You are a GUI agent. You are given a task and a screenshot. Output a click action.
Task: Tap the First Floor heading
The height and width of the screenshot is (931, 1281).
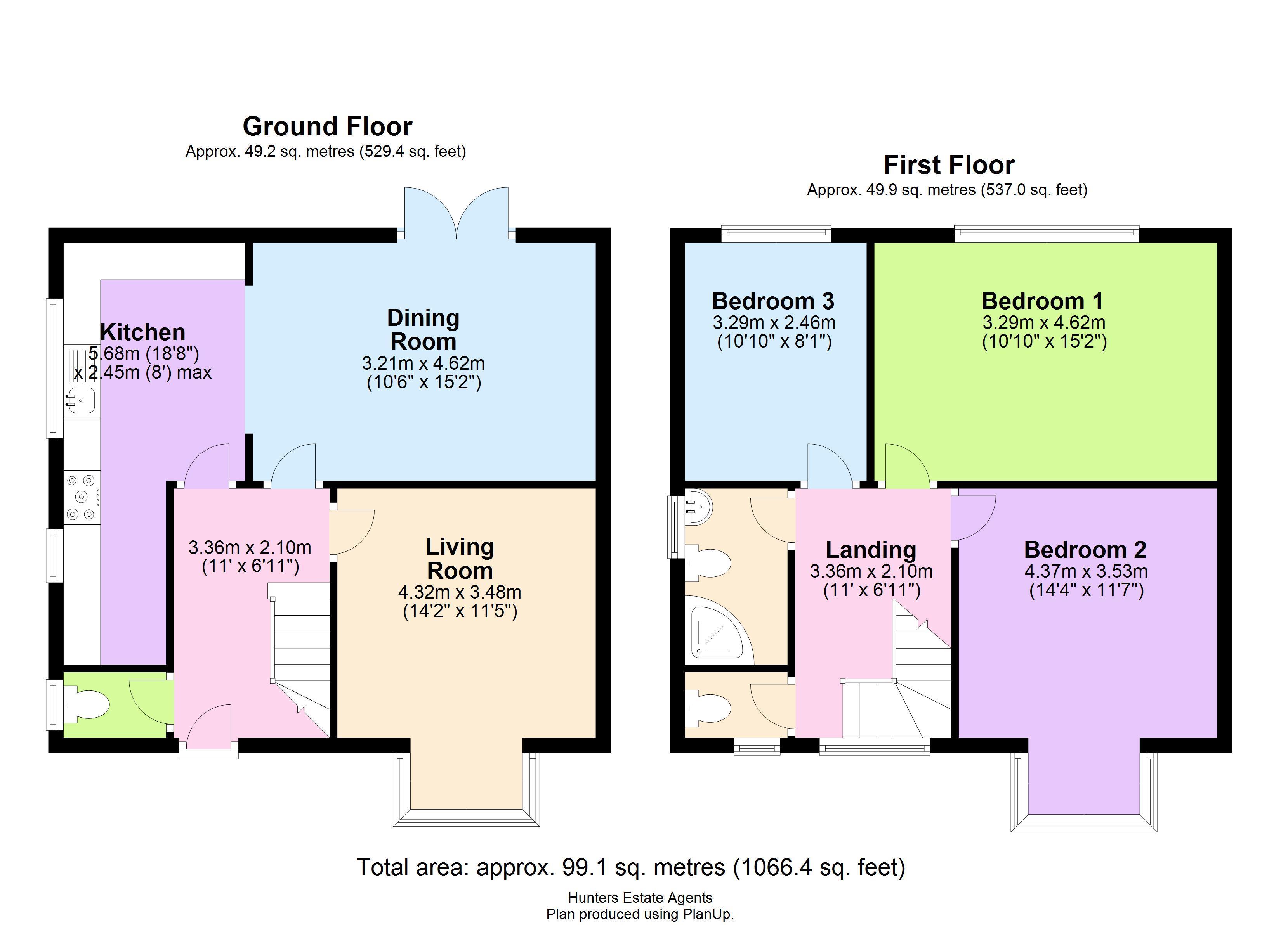949,165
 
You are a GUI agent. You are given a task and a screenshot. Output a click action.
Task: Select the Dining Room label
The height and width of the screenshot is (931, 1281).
423,330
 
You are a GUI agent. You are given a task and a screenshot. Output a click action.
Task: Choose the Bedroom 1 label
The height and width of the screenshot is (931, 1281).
1042,301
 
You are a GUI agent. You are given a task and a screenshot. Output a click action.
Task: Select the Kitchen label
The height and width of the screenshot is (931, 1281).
142,332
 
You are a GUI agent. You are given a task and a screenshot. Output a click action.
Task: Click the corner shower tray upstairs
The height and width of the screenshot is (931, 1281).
719,630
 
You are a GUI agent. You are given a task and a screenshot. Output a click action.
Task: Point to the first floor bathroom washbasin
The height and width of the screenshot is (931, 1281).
699,507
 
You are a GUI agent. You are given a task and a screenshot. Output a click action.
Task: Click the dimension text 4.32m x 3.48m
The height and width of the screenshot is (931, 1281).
460,592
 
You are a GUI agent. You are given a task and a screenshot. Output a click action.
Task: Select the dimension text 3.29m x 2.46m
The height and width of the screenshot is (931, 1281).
774,323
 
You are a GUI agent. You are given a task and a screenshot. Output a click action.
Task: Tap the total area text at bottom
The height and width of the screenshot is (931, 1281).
631,867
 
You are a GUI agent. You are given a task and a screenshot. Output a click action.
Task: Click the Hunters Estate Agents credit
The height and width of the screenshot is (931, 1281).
640,898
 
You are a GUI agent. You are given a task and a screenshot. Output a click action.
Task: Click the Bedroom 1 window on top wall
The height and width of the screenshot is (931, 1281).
1046,234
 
